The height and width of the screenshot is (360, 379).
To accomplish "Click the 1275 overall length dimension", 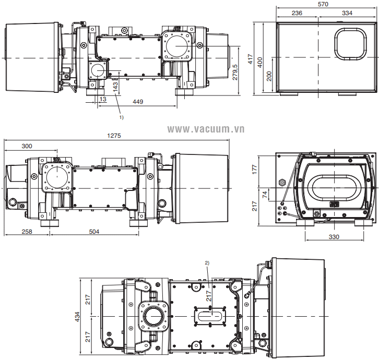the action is tap(114, 136).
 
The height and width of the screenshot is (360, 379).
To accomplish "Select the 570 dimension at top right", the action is tap(323, 4).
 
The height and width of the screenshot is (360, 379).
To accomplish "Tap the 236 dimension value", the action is tap(297, 13).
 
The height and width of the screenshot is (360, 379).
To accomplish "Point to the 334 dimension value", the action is tap(347, 13).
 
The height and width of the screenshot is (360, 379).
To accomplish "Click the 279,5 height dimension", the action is tap(235, 72).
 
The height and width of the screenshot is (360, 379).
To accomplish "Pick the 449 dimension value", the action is tap(138, 102).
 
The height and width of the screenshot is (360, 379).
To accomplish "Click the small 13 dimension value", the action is tap(103, 99).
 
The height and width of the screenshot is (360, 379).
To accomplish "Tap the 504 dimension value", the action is tap(94, 232).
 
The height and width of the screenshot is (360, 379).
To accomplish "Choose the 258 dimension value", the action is tap(27, 232).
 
